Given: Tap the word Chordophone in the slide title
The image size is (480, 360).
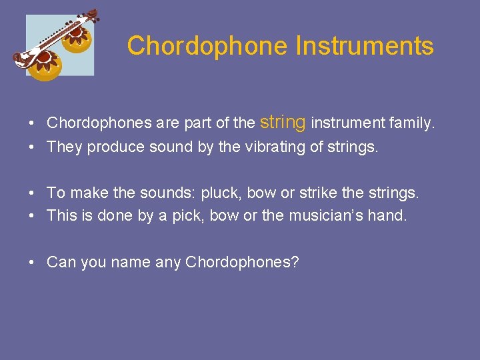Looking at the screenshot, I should point(207,47).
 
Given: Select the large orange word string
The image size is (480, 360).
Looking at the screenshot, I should point(283,121).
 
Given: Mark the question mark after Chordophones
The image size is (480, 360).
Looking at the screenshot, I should point(295,262).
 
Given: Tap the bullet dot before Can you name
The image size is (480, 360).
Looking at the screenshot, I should point(32,263).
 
